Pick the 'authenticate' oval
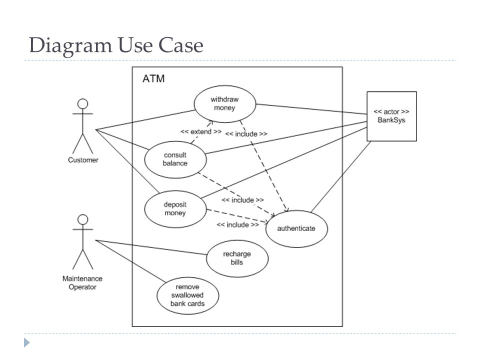coord(296,228)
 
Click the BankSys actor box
coord(391,116)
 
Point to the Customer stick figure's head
coord(83,104)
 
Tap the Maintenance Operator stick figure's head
coord(83,219)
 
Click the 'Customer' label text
coord(83,160)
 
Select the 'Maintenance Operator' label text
coord(83,282)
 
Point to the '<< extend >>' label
coord(201,132)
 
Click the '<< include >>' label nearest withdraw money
coord(246,134)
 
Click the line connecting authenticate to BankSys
coord(339,176)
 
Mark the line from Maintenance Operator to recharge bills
coord(150,247)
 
